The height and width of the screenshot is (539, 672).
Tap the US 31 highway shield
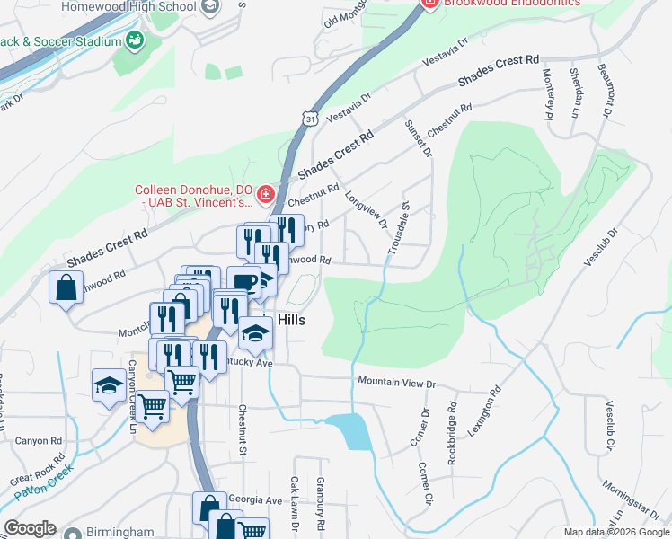pos(309,118)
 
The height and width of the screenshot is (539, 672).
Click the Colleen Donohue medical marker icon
pos(265,194)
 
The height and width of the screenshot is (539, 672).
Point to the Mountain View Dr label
pos(396,383)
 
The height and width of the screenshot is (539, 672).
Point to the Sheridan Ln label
pos(573,93)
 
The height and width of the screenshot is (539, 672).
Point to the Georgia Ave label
pos(255,499)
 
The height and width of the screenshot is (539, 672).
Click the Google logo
pos(30,528)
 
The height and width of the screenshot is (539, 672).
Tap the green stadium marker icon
pos(135,40)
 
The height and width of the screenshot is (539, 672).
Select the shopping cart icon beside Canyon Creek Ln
pos(153,407)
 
